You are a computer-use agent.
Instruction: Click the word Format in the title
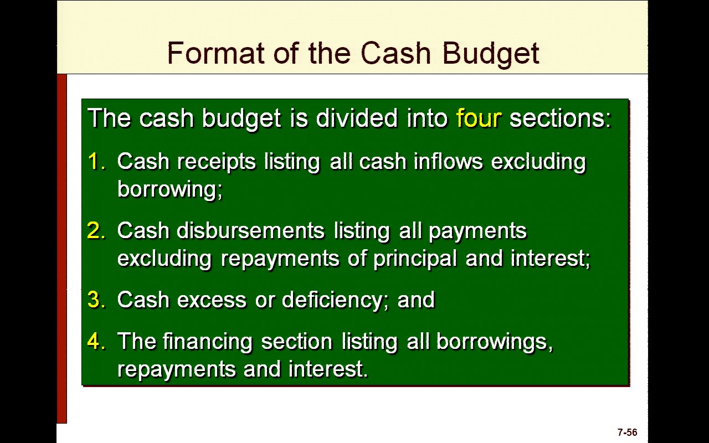click(x=215, y=53)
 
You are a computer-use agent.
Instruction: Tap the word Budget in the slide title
click(x=491, y=54)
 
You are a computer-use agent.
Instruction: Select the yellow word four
click(x=479, y=118)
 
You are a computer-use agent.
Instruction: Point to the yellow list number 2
click(x=96, y=230)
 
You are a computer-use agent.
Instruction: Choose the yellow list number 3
click(x=96, y=300)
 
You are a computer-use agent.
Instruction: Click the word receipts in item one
click(x=216, y=162)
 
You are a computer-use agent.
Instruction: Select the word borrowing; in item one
click(x=170, y=190)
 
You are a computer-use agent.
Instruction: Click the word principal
click(x=415, y=259)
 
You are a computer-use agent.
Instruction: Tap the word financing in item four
click(x=208, y=342)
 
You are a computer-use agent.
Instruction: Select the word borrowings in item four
click(x=495, y=342)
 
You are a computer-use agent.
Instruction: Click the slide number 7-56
click(x=627, y=432)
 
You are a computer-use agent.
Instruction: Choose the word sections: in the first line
click(x=560, y=118)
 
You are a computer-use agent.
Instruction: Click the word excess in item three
click(x=212, y=300)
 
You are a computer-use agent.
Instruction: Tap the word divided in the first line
click(x=357, y=118)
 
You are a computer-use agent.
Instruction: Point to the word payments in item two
click(x=478, y=231)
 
